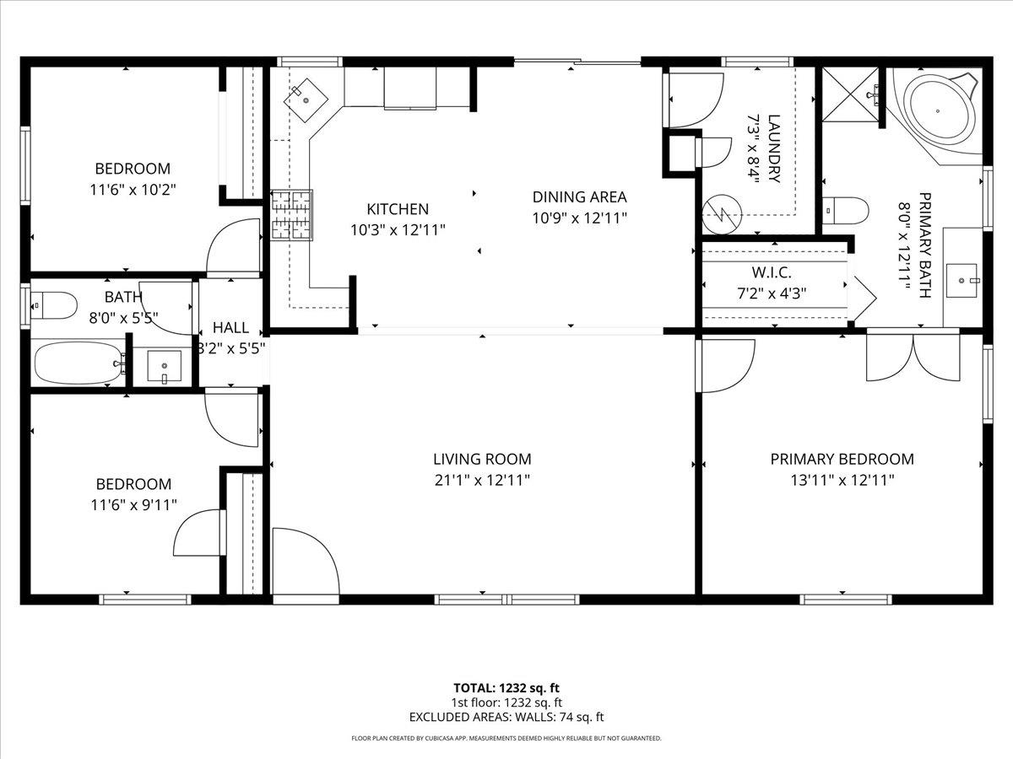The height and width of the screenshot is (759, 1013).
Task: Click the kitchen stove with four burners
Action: coord(290,214)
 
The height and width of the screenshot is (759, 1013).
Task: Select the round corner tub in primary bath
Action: coord(938,110)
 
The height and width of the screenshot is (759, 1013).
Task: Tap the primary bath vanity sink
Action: coord(962,276)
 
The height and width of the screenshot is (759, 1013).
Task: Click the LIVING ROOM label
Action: coord(482,460)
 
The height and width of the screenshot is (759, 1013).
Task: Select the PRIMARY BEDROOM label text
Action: coord(842,460)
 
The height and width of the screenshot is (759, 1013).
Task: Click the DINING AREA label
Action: coord(579,197)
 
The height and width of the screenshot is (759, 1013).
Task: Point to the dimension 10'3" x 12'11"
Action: coord(398,229)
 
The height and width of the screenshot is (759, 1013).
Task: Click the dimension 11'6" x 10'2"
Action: coord(132,190)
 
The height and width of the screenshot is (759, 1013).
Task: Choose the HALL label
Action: coord(230,327)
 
